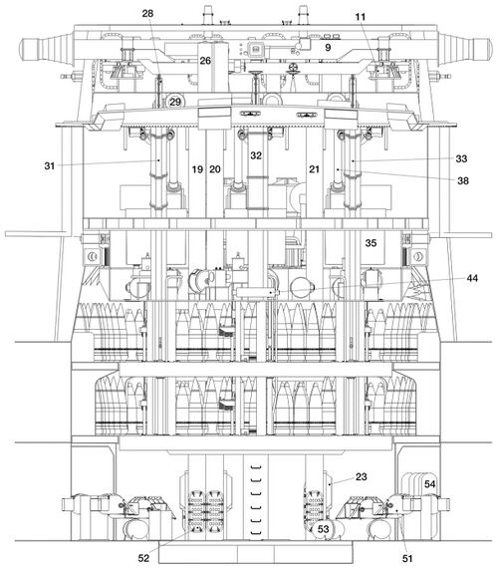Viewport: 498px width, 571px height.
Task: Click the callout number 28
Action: (x=147, y=14)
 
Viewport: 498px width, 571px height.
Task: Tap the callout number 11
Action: (x=360, y=17)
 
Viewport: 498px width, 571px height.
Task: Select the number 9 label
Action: (x=328, y=48)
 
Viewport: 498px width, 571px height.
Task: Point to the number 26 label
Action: (x=205, y=61)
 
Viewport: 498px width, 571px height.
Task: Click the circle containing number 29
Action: (x=175, y=102)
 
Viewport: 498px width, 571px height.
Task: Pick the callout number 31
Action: (x=50, y=166)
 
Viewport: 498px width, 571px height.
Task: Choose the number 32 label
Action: (x=256, y=155)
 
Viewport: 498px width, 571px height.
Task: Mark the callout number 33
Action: (x=461, y=158)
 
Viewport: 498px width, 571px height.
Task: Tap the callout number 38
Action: (x=463, y=180)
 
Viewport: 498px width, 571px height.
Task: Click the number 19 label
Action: (x=197, y=169)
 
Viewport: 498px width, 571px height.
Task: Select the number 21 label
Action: (x=314, y=169)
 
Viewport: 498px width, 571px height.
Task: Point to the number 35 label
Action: (x=371, y=243)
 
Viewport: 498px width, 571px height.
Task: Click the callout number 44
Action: (x=472, y=278)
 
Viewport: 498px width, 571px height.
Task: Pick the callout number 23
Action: (x=362, y=476)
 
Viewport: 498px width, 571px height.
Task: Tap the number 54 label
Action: (x=430, y=484)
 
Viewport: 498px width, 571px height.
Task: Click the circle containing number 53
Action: (x=324, y=529)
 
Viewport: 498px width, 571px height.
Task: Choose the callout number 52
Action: (x=143, y=558)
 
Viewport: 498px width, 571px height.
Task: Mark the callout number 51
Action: (x=407, y=558)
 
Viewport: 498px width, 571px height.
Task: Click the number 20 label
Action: (x=215, y=169)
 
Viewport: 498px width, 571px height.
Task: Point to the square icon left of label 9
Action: (x=255, y=48)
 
